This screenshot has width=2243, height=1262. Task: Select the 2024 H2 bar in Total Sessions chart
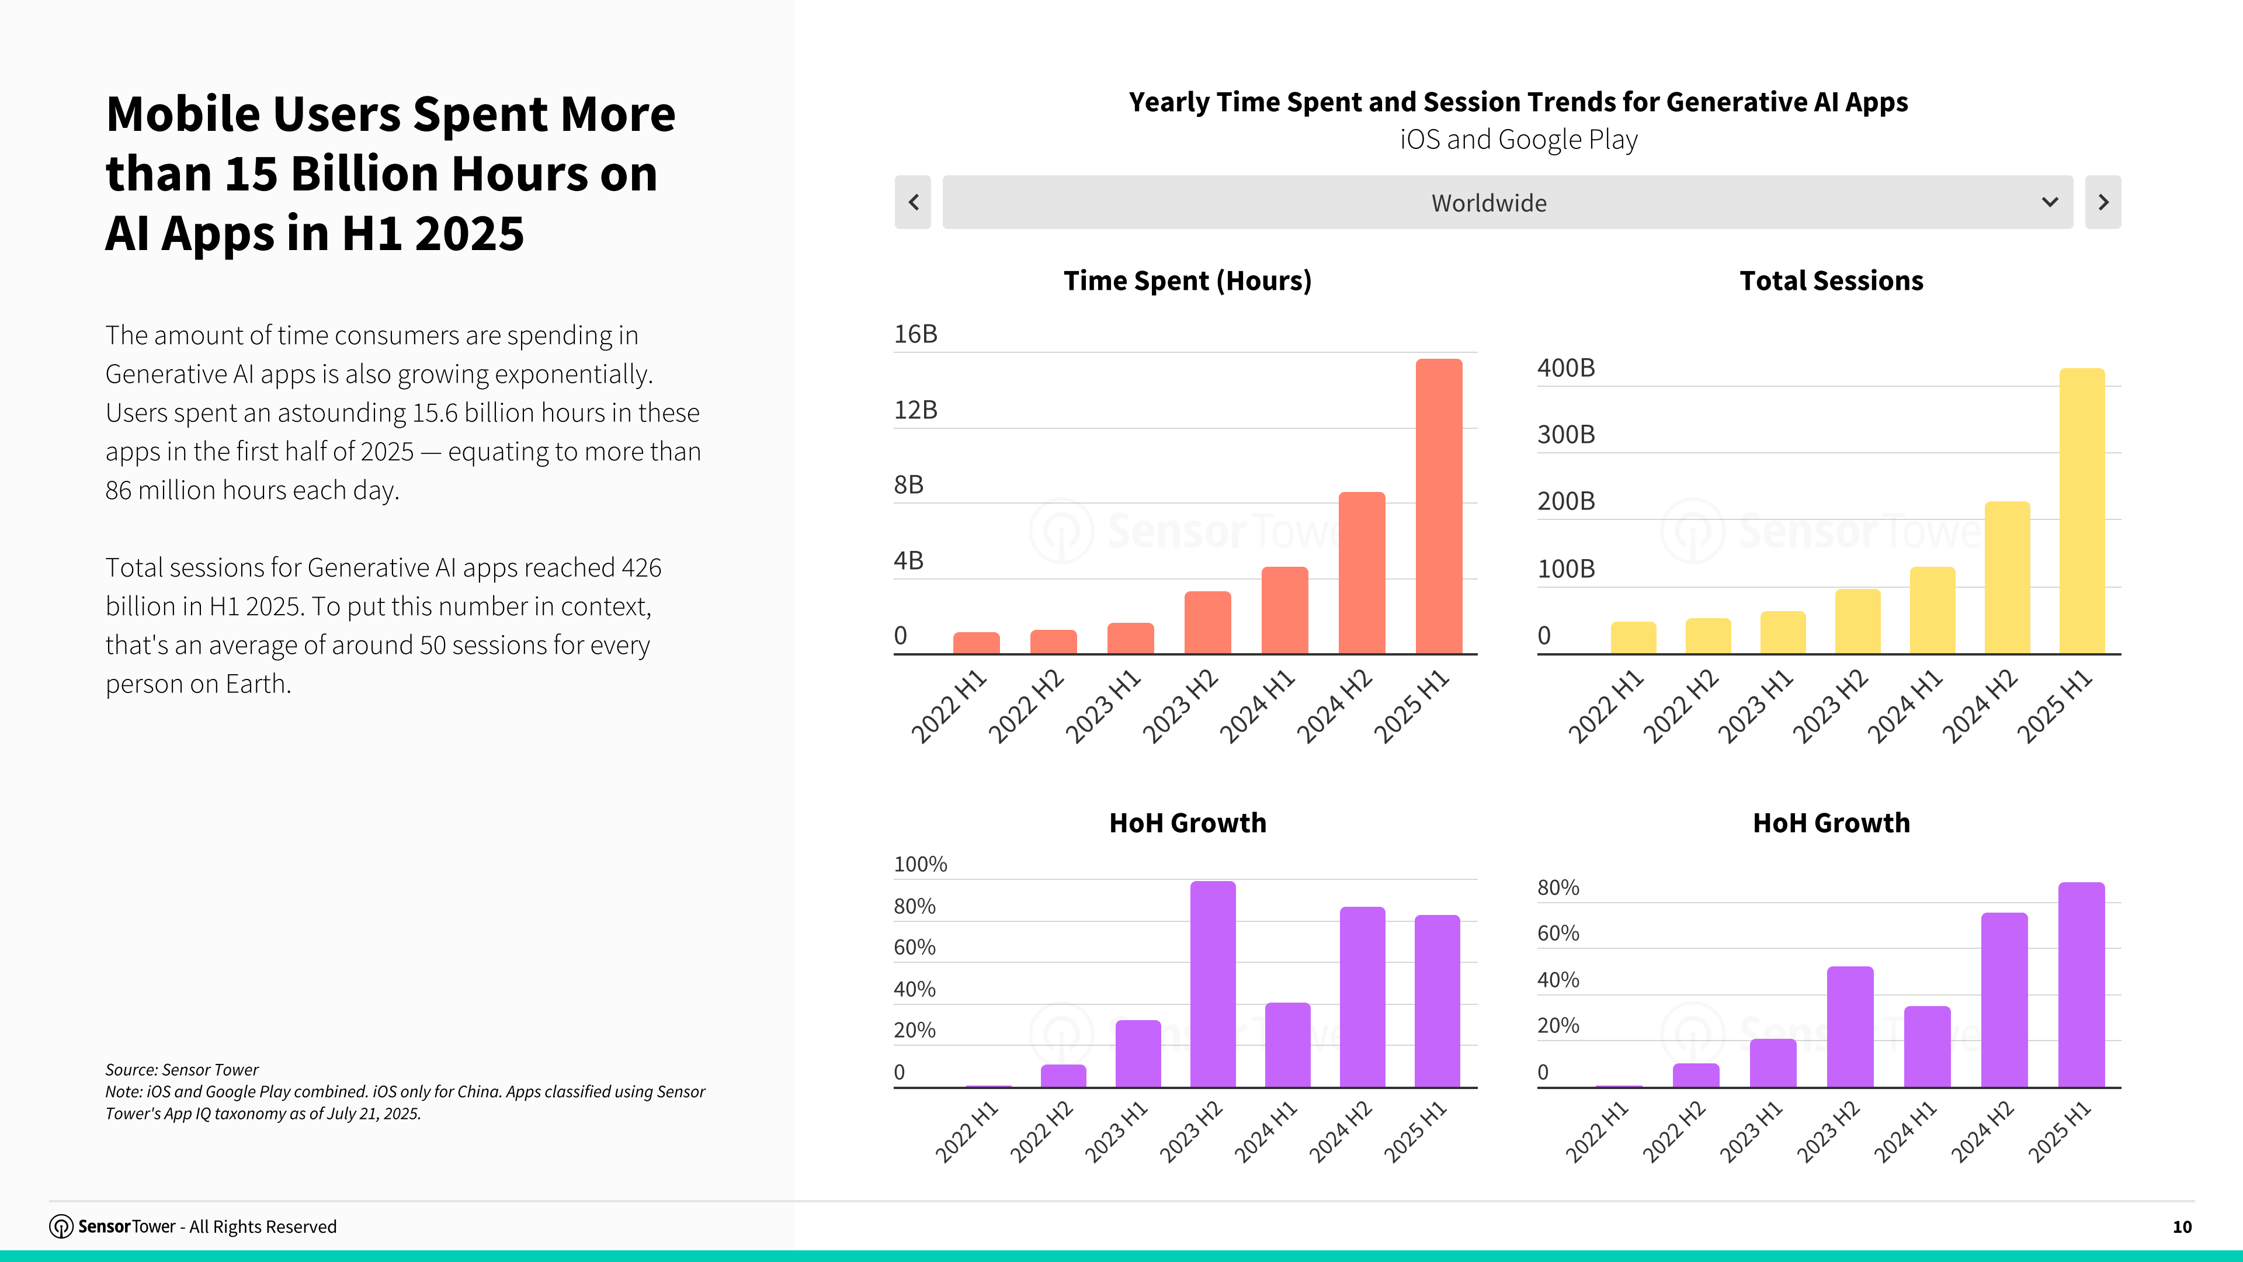(x=2007, y=577)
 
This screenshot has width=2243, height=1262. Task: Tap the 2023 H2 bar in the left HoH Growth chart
(x=1213, y=984)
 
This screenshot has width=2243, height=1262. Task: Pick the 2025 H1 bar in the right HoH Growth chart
(x=2081, y=985)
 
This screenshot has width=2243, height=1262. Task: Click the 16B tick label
(x=915, y=334)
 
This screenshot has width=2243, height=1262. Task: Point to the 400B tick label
(x=1565, y=369)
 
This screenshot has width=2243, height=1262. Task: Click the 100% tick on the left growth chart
(x=921, y=865)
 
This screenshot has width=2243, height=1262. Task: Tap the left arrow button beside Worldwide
(x=912, y=202)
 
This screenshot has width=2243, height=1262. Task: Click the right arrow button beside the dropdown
(x=2103, y=202)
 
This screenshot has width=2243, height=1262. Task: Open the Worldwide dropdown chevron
(x=2050, y=202)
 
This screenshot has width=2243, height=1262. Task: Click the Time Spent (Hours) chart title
(x=1187, y=281)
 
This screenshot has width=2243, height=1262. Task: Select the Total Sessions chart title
(x=1831, y=280)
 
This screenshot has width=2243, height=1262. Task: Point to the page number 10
(x=2182, y=1227)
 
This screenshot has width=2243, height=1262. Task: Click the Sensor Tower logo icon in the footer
(x=61, y=1226)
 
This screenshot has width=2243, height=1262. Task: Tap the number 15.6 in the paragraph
(x=435, y=413)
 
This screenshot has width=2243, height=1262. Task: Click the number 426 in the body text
(x=642, y=568)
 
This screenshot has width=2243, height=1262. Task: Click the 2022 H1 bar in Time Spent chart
(x=976, y=643)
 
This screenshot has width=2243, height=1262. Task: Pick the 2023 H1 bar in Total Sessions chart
(x=1782, y=632)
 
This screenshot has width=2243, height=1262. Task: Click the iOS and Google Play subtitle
(x=1519, y=140)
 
